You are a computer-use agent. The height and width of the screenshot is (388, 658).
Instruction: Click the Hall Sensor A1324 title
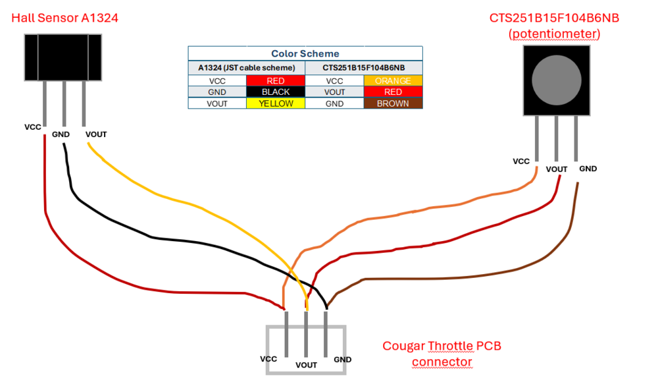[64, 18]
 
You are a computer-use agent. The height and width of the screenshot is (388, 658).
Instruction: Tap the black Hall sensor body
[63, 57]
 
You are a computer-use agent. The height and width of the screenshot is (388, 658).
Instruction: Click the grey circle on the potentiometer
[556, 81]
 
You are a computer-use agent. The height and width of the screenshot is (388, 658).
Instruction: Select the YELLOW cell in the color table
[275, 103]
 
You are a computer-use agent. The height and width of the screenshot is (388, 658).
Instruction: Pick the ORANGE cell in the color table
[393, 81]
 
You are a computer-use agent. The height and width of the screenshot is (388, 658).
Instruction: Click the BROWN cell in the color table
[393, 103]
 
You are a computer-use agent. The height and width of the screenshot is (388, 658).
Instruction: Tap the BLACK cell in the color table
[275, 92]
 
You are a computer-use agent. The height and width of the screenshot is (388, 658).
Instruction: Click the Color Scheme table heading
[305, 53]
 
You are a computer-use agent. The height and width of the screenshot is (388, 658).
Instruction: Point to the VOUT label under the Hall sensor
[96, 134]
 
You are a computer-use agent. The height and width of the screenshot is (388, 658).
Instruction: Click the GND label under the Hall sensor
[61, 134]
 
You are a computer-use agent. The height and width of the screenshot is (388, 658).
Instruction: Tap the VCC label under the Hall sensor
[33, 126]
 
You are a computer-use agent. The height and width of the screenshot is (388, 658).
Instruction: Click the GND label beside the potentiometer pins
[588, 169]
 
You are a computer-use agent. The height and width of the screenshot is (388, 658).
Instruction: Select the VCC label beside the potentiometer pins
[521, 161]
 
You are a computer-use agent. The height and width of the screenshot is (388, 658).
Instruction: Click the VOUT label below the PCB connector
[307, 365]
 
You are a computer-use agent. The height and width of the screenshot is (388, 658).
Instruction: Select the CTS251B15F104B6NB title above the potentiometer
[554, 18]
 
